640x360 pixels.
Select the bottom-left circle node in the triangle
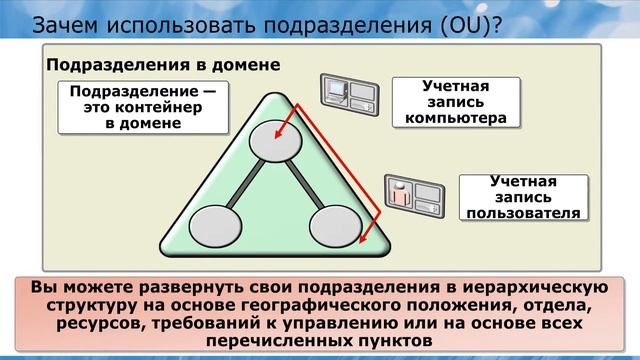click(x=214, y=224)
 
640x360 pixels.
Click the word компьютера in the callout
click(x=458, y=118)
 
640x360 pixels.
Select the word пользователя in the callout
click(x=519, y=212)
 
